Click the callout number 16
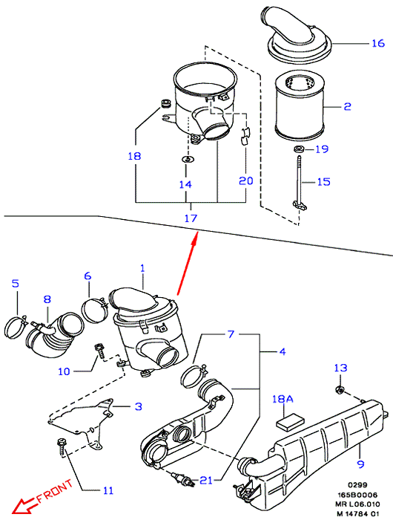(x=378, y=43)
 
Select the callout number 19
(x=322, y=149)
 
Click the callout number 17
(x=191, y=218)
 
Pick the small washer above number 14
(x=188, y=160)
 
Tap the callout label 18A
(x=283, y=399)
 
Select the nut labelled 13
(x=339, y=389)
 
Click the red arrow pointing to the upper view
(x=188, y=264)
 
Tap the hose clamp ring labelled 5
(x=16, y=327)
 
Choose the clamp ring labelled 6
(x=94, y=310)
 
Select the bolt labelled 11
(x=62, y=446)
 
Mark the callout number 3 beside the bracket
(x=139, y=406)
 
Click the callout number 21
(x=206, y=480)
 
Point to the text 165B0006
(x=357, y=495)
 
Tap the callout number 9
(x=361, y=464)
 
